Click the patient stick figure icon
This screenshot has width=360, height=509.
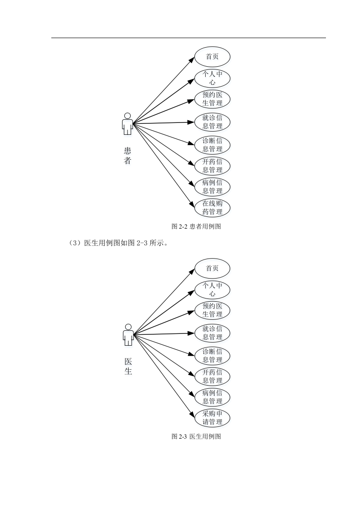click(128, 124)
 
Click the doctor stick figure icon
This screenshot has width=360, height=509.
click(128, 335)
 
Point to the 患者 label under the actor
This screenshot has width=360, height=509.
click(128, 156)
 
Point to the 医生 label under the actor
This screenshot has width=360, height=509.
click(128, 366)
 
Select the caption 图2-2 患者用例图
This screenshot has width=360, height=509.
click(196, 226)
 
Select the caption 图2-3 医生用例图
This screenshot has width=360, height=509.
click(196, 436)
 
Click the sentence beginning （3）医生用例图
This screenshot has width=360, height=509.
click(118, 243)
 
